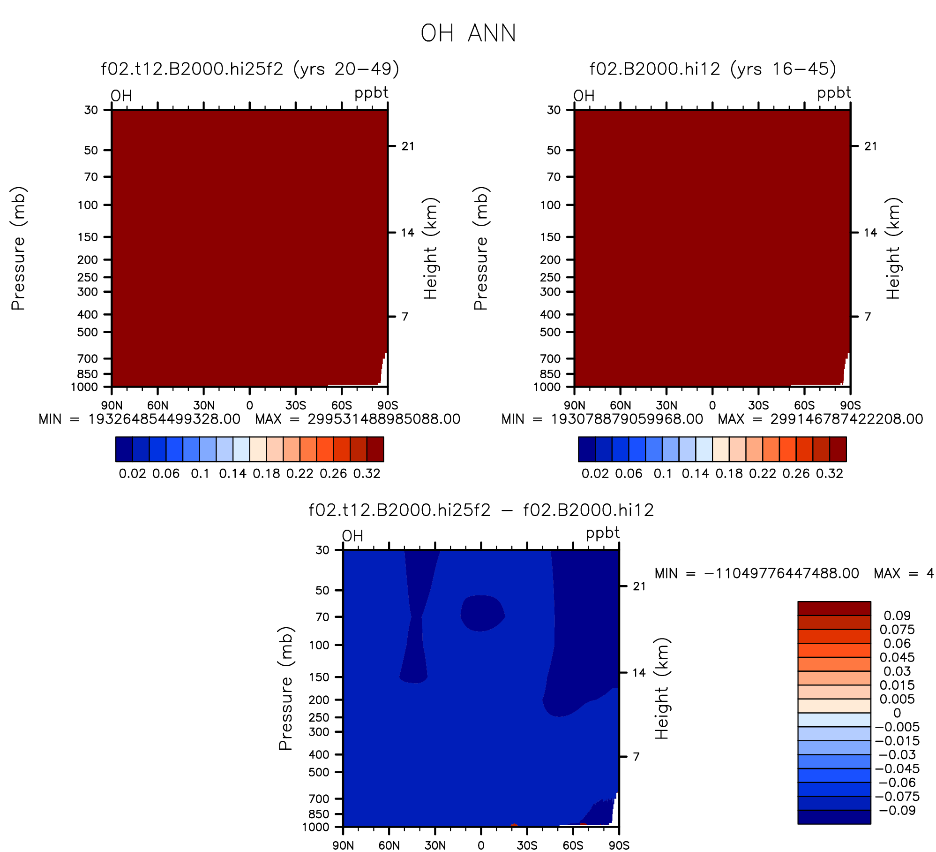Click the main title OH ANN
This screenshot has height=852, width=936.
click(468, 33)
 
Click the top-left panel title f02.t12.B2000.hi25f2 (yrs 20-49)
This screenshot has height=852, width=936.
click(250, 69)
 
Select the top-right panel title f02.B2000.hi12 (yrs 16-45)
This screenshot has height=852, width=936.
click(712, 69)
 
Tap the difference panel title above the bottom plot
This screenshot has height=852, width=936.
click(481, 510)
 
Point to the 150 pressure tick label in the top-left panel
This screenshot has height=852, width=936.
click(88, 237)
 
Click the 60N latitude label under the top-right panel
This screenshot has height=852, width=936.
click(620, 405)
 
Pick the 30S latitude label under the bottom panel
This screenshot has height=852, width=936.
click(527, 845)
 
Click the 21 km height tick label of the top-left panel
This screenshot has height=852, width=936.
click(408, 146)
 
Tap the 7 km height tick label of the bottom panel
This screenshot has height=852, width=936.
click(636, 757)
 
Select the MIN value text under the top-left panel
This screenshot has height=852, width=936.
click(140, 419)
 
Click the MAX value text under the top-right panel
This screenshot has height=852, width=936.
click(820, 419)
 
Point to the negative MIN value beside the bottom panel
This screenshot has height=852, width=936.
click(757, 573)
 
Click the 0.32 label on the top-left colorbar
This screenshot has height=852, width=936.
click(367, 473)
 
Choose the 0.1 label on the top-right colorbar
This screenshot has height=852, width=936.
click(663, 473)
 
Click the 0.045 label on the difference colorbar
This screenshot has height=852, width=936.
click(897, 657)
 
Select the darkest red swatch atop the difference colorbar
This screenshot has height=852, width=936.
click(834, 608)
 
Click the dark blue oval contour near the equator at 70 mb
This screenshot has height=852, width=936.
click(482, 613)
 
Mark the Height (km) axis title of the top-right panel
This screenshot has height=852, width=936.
click(893, 248)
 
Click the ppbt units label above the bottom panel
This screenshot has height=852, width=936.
click(603, 533)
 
